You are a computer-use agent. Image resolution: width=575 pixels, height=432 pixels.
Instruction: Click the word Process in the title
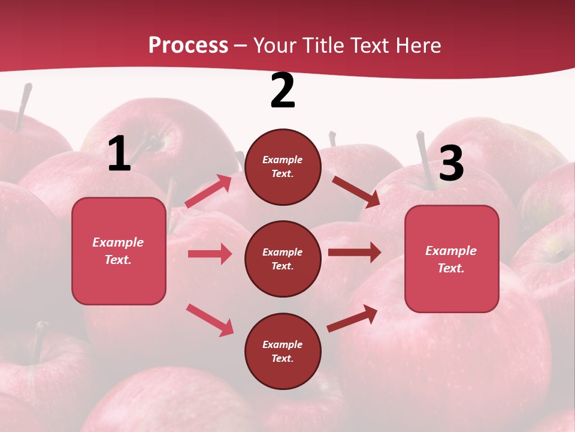(x=188, y=46)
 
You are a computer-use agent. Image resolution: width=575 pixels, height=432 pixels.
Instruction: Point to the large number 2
(x=283, y=91)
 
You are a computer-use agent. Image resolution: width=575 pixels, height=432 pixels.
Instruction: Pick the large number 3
(x=451, y=163)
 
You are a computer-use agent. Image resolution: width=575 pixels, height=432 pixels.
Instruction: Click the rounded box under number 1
(x=119, y=251)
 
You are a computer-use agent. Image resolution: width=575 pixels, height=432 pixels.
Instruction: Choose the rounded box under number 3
(x=452, y=259)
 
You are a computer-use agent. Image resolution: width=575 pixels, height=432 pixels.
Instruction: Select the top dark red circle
(x=283, y=167)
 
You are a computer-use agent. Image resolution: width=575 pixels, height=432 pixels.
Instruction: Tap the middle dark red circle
(x=283, y=259)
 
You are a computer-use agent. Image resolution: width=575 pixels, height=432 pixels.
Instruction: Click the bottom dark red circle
(x=283, y=351)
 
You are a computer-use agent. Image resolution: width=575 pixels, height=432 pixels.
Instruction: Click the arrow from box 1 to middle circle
(x=210, y=254)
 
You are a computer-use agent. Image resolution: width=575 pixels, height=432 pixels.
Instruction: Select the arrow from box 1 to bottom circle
(x=210, y=320)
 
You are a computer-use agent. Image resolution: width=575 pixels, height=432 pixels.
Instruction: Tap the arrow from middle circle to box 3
(x=355, y=252)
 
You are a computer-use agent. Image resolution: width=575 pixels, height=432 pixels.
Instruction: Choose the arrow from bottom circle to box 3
(x=353, y=318)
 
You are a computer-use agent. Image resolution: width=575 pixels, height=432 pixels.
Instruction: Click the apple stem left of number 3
(x=425, y=153)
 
